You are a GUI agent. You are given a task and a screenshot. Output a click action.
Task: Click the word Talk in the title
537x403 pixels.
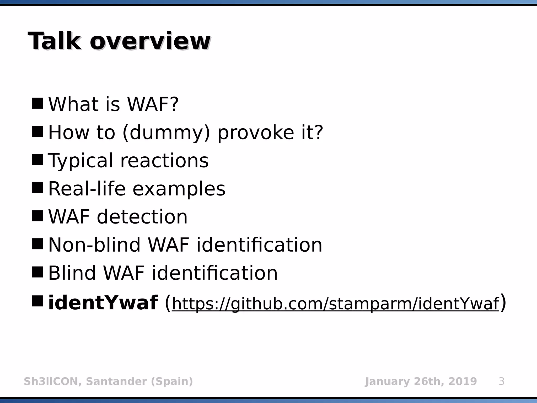[x=54, y=41]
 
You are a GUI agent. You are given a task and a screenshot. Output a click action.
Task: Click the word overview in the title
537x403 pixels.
[x=150, y=42]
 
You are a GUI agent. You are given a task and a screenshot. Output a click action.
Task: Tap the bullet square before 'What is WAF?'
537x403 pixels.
[x=37, y=103]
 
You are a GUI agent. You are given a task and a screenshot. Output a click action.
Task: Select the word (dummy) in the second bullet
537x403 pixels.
[x=166, y=132]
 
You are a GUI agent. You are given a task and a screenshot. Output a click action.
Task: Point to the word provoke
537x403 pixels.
[x=256, y=133]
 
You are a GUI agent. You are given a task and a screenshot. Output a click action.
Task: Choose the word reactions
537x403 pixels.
[x=164, y=161]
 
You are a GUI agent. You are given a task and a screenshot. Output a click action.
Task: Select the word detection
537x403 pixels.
[x=142, y=217]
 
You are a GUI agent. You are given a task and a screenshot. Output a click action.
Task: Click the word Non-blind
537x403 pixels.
[x=94, y=245]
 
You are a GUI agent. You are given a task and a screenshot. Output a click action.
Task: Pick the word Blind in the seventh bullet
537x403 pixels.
[x=72, y=273]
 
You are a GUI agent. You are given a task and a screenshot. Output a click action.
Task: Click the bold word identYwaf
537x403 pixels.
[x=103, y=303]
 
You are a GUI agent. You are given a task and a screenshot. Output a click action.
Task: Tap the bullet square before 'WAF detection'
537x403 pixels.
[x=37, y=216]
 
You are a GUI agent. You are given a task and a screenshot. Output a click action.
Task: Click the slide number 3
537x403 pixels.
[x=501, y=381]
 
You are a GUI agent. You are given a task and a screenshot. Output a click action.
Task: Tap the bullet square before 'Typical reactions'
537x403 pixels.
[x=37, y=160]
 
